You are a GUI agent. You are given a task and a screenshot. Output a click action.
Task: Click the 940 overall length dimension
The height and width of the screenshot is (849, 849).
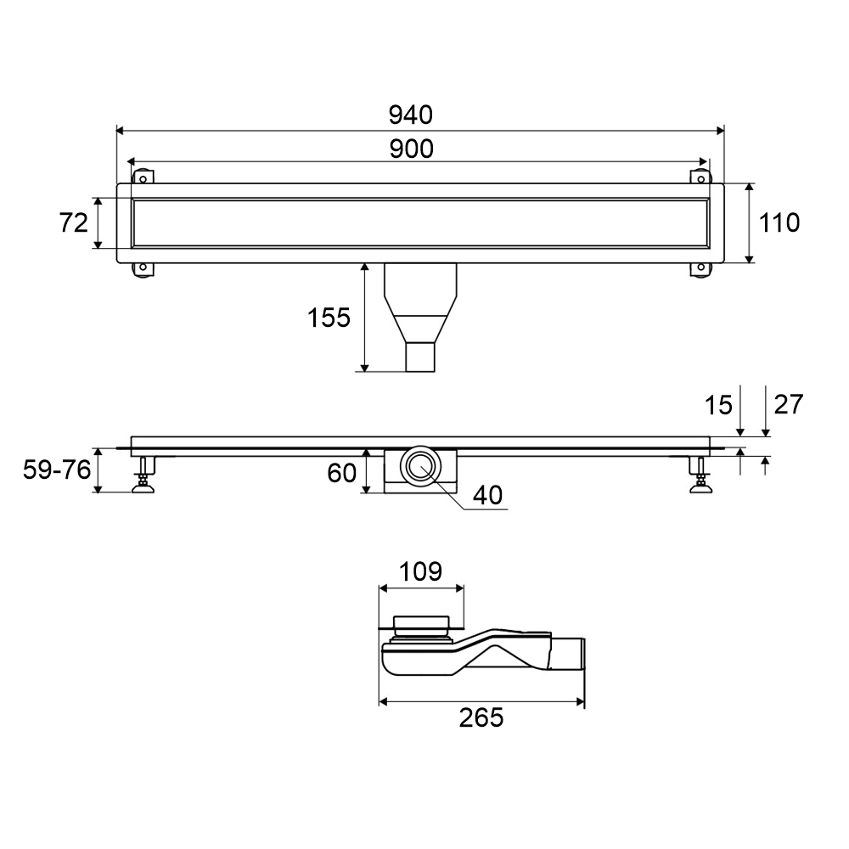(410, 115)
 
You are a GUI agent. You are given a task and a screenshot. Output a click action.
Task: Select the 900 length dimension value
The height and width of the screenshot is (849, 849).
(412, 149)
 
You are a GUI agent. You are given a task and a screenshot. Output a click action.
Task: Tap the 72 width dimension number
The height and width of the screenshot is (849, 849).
(73, 222)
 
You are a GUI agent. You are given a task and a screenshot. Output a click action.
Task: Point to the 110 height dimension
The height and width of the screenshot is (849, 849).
(779, 222)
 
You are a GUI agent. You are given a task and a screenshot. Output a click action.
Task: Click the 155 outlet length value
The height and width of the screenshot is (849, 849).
(329, 318)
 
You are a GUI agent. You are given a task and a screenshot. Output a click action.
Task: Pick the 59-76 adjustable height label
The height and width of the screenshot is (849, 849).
(57, 469)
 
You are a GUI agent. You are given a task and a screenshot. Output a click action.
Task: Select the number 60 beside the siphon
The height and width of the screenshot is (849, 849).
(341, 473)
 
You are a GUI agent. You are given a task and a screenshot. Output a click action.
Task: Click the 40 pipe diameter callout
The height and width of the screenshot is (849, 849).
(487, 495)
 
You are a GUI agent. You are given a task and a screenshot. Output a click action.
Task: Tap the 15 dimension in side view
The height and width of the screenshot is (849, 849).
(718, 405)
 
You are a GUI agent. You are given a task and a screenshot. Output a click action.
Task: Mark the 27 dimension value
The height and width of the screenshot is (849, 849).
(789, 404)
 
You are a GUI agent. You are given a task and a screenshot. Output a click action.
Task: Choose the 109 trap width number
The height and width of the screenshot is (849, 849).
(421, 571)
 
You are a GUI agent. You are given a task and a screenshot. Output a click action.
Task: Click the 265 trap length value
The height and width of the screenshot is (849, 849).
(481, 717)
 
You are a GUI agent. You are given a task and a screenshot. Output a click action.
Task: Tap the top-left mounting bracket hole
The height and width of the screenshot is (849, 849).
(143, 178)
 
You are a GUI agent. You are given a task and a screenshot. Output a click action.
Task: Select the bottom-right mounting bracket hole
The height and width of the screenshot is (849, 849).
(700, 267)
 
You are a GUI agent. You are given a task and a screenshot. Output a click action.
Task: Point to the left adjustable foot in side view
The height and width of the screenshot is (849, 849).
(143, 475)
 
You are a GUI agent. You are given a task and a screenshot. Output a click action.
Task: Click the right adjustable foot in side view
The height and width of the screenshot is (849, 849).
(700, 475)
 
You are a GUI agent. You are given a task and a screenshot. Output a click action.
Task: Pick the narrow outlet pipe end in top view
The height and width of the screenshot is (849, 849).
(420, 357)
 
